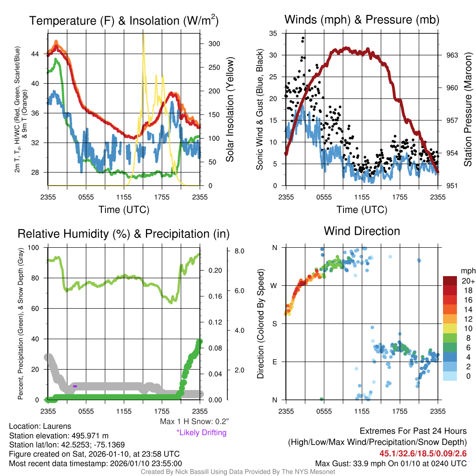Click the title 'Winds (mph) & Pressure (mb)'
pos(362,20)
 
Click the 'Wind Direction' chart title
pos(362,231)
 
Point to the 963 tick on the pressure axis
pos(452,55)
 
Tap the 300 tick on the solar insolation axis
pos(214,44)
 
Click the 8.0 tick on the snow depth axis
pos(239,251)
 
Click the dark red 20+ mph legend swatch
pos(450,281)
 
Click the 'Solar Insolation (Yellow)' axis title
pos(230,110)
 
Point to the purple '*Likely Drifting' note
pos(201,433)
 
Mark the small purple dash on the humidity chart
pos(75,386)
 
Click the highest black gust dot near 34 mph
pos(303,38)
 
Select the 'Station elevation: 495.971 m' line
pos(59,436)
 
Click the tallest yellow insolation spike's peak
pos(143,34)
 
